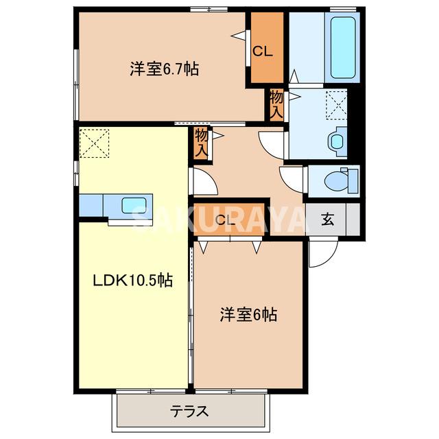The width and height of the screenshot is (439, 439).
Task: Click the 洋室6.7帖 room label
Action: tap(165, 69)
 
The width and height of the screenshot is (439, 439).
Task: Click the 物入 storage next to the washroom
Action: tap(276, 105)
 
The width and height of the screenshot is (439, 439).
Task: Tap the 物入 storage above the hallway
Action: tap(201, 143)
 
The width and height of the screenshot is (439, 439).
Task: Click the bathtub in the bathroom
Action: tap(343, 47)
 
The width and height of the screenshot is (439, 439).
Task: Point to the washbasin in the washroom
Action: tap(337, 141)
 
